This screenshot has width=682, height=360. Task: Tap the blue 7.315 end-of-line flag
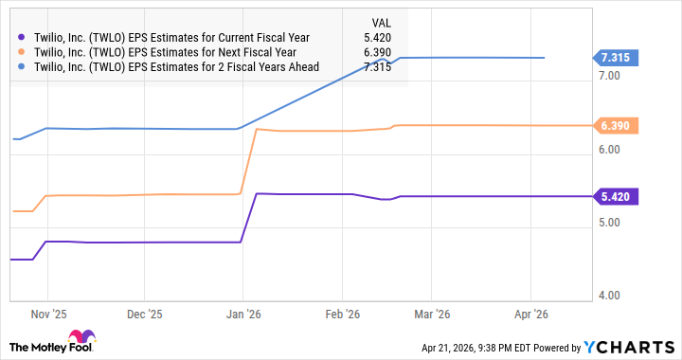tap(616, 57)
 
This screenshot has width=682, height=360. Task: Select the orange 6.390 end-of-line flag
tap(616, 125)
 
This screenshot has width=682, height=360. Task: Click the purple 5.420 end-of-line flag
tap(616, 196)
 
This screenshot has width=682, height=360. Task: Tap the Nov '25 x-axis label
tap(47, 313)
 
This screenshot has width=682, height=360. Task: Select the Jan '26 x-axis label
tap(243, 313)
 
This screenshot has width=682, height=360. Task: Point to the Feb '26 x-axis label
tap(341, 313)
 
